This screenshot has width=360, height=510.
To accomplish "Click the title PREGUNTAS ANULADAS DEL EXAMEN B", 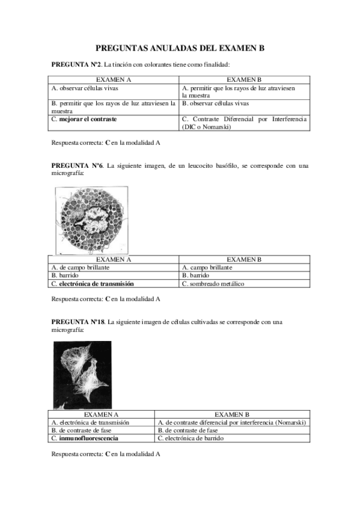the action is click(x=180, y=48).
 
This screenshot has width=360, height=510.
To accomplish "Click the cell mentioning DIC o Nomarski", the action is click(x=244, y=123).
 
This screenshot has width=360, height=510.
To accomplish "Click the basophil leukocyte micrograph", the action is click(x=91, y=220).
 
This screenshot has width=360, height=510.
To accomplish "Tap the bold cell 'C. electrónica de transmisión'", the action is click(x=93, y=283).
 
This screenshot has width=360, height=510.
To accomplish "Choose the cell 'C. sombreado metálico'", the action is click(x=213, y=283).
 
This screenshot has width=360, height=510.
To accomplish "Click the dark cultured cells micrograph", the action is click(x=82, y=375).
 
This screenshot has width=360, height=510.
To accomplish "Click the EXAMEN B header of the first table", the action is click(x=244, y=79).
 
